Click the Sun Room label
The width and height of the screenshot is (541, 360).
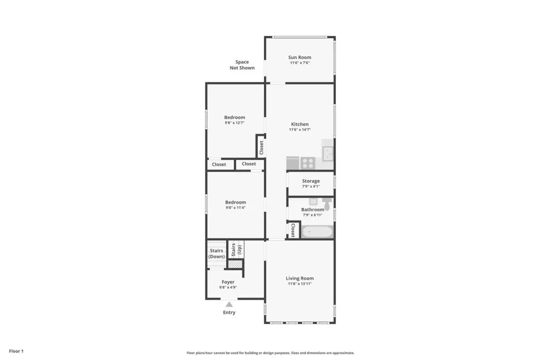point(300,57)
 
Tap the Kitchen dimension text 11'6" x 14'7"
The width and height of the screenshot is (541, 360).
point(300,130)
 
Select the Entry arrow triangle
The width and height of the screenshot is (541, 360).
point(229,304)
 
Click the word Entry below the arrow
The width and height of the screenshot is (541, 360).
point(229,312)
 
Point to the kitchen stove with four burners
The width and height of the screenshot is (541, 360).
point(308,163)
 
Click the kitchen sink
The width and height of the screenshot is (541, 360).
point(328,154)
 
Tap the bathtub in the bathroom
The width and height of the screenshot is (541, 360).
point(317,232)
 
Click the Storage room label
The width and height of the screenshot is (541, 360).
point(311,181)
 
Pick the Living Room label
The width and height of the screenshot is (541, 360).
point(300,278)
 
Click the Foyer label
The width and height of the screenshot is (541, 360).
point(228,282)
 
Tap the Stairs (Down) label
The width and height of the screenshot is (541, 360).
point(216,253)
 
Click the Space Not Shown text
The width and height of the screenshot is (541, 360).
point(242,65)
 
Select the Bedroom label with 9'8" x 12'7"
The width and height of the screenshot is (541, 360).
point(235,117)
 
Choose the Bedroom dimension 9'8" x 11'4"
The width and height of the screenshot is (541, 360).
point(236,208)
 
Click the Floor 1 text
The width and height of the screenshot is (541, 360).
point(16,351)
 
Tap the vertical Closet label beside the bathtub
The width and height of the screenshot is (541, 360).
point(293,230)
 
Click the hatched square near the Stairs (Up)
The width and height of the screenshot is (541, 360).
point(235,264)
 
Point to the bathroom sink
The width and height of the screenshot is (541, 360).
point(313,201)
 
